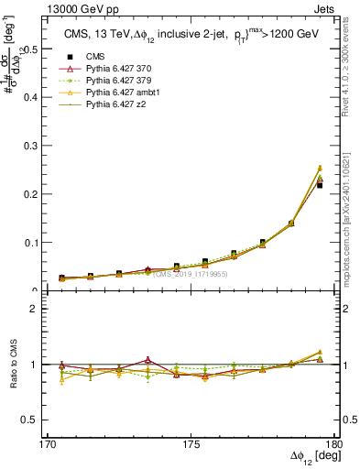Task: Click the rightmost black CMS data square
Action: (320, 185)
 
